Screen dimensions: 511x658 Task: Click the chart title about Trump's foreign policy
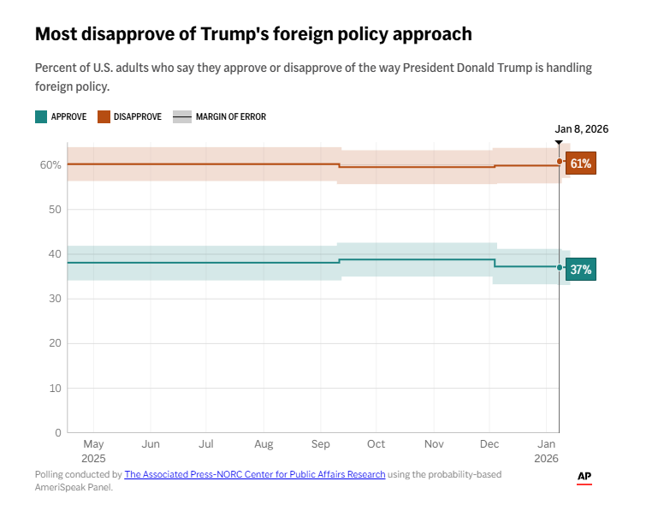[252, 34]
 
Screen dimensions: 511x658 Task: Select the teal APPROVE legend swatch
[40, 116]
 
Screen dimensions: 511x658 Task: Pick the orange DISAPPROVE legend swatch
[103, 116]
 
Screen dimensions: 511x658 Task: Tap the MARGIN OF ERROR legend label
[230, 116]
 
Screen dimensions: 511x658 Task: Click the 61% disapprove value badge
[581, 163]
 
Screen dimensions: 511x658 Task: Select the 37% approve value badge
[581, 270]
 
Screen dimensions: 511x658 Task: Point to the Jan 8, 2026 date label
[581, 129]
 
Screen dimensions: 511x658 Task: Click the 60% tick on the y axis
[50, 164]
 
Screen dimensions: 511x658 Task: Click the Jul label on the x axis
[206, 445]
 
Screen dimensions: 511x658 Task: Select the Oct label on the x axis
[376, 445]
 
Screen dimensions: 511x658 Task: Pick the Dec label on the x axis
[490, 445]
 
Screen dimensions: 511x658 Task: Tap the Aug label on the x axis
[264, 445]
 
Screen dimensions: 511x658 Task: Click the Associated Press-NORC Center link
[255, 474]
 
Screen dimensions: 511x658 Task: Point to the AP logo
[584, 478]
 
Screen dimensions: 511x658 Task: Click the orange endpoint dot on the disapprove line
[560, 161]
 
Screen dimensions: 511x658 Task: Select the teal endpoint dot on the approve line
[560, 268]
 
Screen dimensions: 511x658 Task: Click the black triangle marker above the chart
[559, 142]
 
